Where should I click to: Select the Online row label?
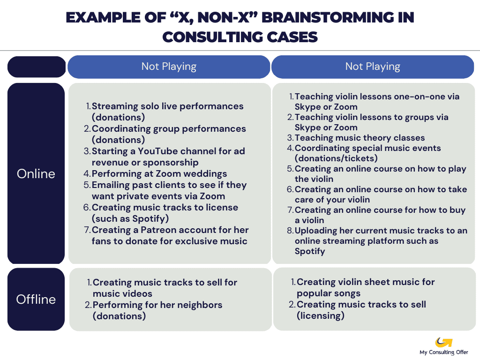[36, 173]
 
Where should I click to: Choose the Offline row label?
[36, 299]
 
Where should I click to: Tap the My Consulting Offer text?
[443, 352]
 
